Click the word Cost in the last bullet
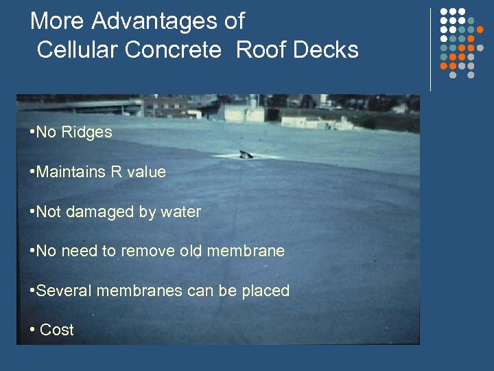coord(57,330)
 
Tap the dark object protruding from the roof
coord(245,153)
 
